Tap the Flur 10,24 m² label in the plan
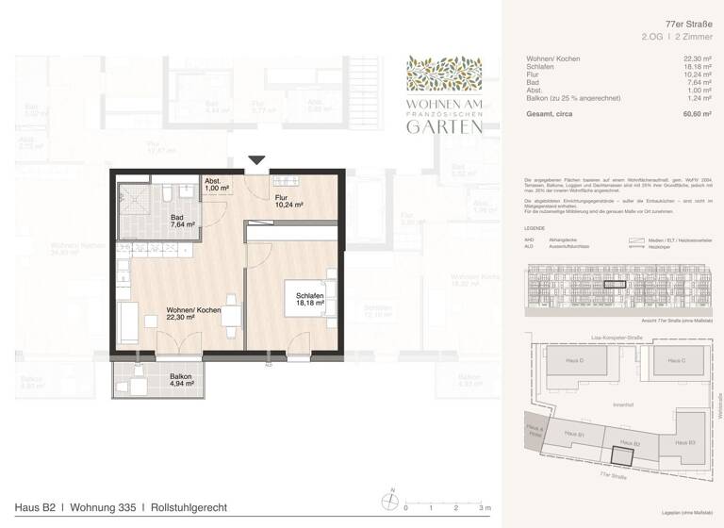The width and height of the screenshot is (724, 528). coord(288,201)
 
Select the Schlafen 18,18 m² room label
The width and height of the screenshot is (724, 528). coord(310,300)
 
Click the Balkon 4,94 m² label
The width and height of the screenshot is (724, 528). coord(181,380)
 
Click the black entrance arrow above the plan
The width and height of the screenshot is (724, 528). coord(256,161)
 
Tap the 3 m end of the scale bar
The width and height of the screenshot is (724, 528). coord(485,507)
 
